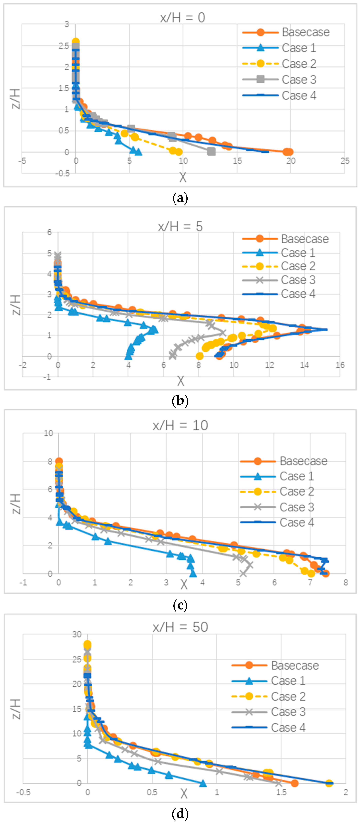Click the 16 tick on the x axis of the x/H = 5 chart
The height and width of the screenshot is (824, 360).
pos(340,365)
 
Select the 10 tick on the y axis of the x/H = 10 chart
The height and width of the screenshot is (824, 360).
pos(48,433)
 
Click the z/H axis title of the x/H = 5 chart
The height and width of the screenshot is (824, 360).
pos(16,305)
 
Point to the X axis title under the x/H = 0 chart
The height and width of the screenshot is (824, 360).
pos(183,177)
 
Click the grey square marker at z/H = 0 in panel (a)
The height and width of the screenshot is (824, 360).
pos(211,152)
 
